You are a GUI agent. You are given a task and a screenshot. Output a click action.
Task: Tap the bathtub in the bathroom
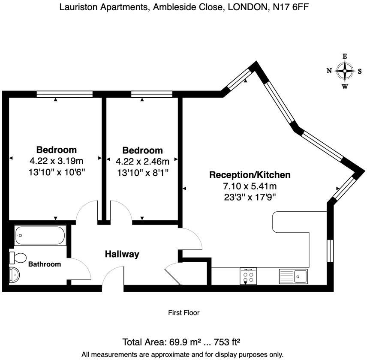[x=40, y=236]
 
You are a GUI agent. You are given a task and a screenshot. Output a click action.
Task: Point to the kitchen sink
[x=293, y=276]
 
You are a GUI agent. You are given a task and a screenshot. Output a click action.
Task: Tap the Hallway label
[x=122, y=254]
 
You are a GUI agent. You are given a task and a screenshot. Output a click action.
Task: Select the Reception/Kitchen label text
[x=250, y=175]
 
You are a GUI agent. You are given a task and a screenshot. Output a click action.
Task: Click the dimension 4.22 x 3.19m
[x=56, y=161]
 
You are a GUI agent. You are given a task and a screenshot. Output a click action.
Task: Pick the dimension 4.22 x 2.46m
[x=142, y=162]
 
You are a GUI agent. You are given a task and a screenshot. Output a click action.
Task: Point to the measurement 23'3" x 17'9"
[x=250, y=197]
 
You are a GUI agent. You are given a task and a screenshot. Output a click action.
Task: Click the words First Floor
[x=183, y=313]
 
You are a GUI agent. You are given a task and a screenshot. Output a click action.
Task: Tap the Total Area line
[x=181, y=342]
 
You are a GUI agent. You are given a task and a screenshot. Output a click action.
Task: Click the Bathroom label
[x=45, y=264]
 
